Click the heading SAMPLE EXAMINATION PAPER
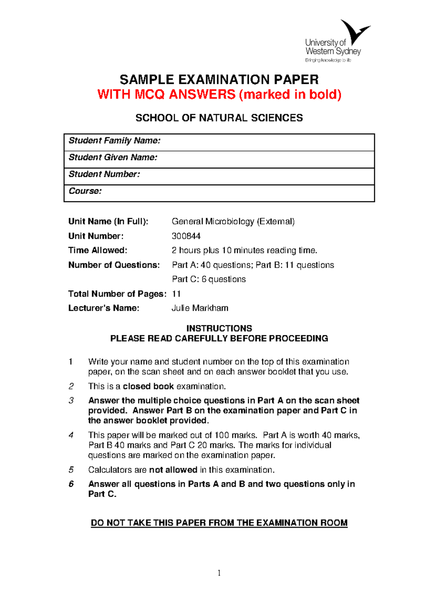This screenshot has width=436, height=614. tap(219, 80)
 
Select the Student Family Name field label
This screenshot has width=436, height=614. tap(114, 141)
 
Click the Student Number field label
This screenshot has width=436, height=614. tap(104, 174)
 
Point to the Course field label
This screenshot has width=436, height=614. tap(85, 191)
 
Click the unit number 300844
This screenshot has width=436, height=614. tap(186, 236)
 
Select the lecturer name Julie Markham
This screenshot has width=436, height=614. tap(200, 308)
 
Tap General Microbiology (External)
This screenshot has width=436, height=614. tap(233, 222)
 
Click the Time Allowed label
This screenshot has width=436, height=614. tap(98, 250)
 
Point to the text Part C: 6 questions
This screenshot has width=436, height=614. tap(209, 279)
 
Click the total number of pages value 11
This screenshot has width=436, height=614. tap(176, 294)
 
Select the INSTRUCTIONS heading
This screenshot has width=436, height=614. tap(219, 328)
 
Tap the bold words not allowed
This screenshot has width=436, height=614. tap(173, 470)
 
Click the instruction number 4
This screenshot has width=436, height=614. tap(71, 435)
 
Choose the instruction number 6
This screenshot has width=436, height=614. tap(71, 484)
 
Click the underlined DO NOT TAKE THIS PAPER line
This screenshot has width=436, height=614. tap(219, 523)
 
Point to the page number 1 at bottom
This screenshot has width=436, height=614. tap(219, 573)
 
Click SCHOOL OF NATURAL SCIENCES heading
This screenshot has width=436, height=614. tap(219, 118)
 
